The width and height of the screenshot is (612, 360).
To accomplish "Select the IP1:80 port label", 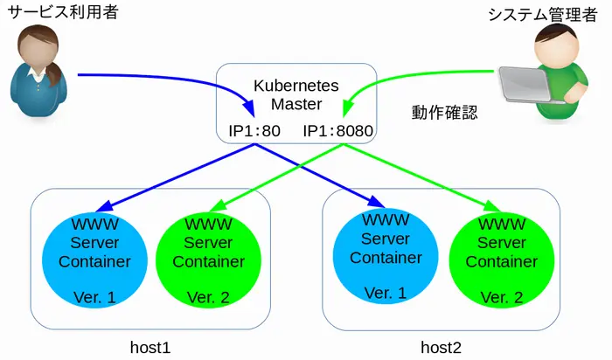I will pos(254,132).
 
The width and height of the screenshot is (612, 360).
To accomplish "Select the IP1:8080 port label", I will pos(338,132).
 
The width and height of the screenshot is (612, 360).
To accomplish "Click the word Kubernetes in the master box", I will pos(296,86).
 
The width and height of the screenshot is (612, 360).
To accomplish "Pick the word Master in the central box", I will pos(296,104).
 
